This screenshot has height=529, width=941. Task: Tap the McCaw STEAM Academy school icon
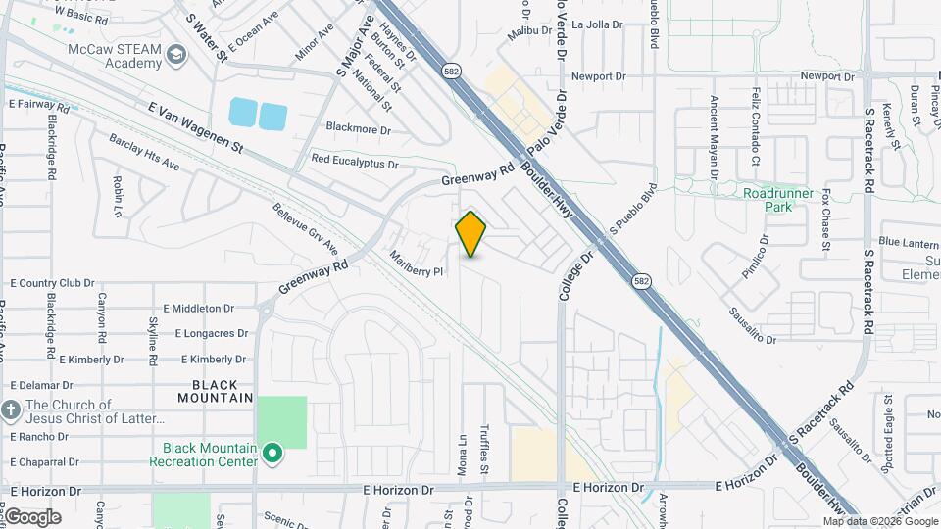[x=176, y=53]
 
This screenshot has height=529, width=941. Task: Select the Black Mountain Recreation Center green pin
[x=272, y=454]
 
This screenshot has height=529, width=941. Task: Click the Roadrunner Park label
[x=778, y=200]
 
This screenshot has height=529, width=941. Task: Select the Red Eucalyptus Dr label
[x=355, y=160]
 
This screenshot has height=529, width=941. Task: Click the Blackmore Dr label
[x=358, y=129]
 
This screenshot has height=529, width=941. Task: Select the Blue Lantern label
[x=908, y=241]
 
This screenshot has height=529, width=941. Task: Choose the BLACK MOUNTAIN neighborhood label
[x=216, y=391]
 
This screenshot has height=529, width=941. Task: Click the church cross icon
[x=11, y=409]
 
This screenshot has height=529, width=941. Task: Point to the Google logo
[x=32, y=516]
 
